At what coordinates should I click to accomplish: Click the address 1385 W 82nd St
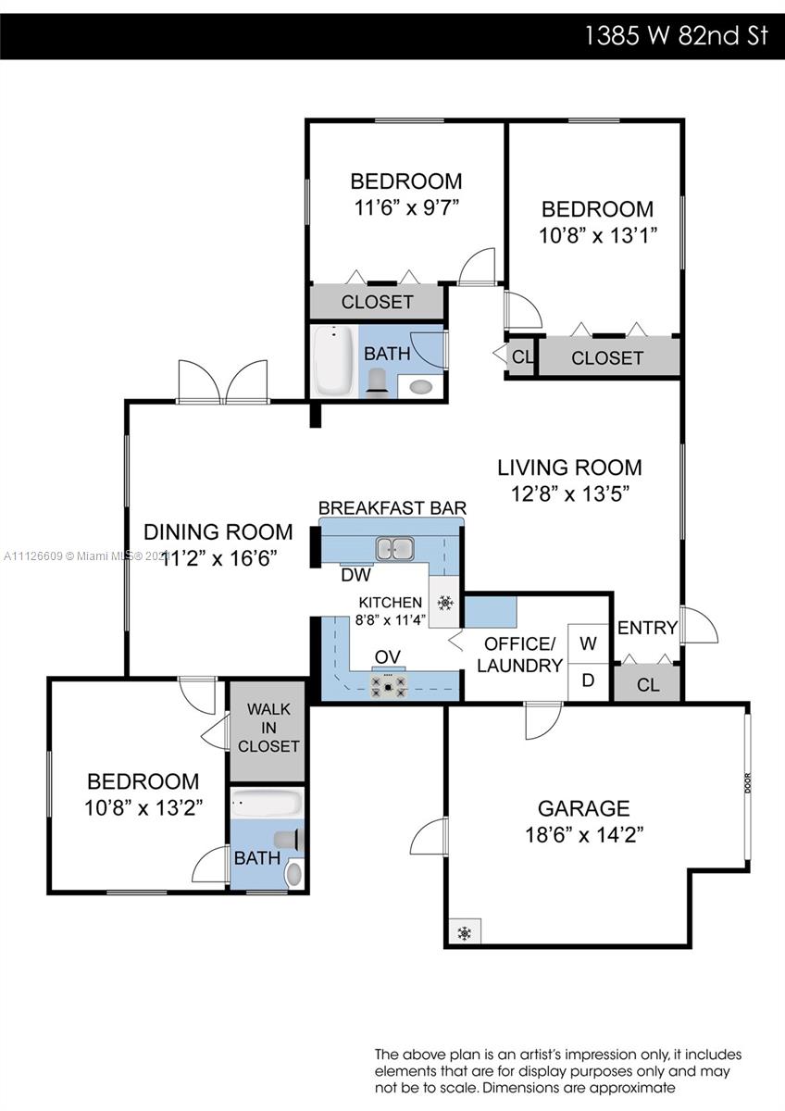(x=677, y=36)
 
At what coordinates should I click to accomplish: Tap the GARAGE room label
(x=584, y=808)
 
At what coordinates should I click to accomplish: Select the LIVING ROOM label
(x=570, y=468)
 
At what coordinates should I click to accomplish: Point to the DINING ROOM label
(x=218, y=531)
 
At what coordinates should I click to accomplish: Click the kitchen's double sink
(x=394, y=548)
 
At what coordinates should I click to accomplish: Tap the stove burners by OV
(x=389, y=686)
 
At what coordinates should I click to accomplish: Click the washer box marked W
(x=588, y=643)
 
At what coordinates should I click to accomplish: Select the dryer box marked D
(x=588, y=682)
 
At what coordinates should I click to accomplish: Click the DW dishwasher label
(x=356, y=575)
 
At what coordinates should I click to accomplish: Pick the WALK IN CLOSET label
(x=268, y=728)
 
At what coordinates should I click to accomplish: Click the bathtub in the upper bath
(x=334, y=360)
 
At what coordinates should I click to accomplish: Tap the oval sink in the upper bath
(x=421, y=386)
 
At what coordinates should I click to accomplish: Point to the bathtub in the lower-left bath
(x=267, y=804)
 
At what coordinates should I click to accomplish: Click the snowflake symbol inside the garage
(x=465, y=933)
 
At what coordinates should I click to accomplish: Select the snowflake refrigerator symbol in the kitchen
(x=445, y=603)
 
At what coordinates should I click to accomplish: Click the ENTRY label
(x=647, y=628)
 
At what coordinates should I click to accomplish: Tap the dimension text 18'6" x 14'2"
(x=584, y=835)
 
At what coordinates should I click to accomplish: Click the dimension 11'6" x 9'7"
(x=406, y=207)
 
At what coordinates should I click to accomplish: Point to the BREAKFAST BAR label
(x=392, y=508)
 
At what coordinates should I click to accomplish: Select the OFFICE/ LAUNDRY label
(x=519, y=655)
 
